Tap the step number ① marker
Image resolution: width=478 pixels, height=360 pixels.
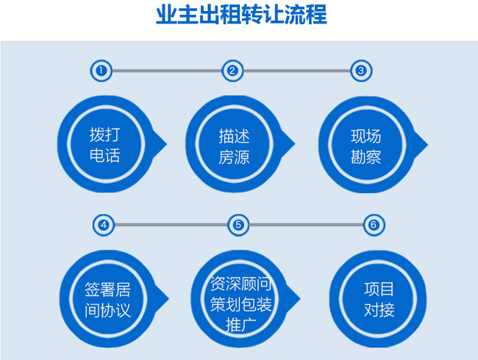(x=100, y=71)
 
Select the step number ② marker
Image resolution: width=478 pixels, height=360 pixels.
(x=232, y=71)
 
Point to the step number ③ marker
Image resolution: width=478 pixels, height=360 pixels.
(x=360, y=71)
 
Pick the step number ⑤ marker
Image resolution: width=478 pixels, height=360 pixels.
(x=238, y=225)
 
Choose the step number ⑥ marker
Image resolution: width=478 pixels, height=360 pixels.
(x=374, y=225)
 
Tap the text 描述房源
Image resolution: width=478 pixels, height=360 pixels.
(x=234, y=146)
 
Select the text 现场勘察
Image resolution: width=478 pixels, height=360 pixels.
(x=365, y=146)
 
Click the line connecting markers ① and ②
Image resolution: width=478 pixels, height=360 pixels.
(x=166, y=71)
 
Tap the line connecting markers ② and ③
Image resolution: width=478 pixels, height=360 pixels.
(x=296, y=71)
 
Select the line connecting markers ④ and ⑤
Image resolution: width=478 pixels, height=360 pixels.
(x=171, y=225)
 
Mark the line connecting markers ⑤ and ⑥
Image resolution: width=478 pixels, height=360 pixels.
(x=305, y=225)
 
